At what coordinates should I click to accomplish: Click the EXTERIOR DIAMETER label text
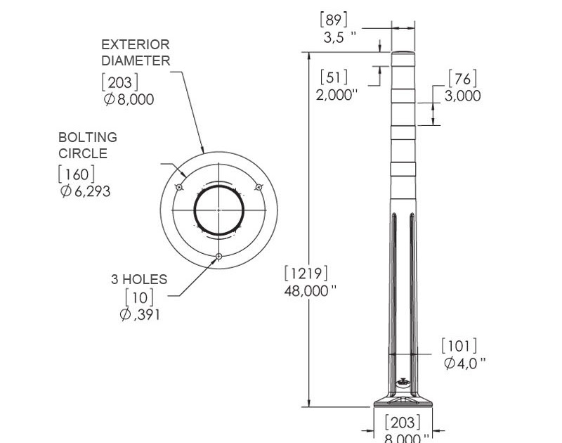click(136, 53)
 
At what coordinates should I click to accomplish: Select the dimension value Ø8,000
click(129, 99)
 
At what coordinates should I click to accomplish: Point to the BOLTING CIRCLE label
click(87, 145)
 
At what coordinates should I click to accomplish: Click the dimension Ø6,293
click(85, 191)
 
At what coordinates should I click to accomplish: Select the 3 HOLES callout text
click(139, 279)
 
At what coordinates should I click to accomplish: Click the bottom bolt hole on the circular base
click(219, 256)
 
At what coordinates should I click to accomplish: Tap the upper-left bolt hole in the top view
click(180, 188)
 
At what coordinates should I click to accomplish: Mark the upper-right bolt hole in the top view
click(259, 187)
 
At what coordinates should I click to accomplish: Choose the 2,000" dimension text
click(336, 95)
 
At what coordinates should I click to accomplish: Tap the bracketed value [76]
click(462, 78)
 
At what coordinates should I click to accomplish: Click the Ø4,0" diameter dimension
click(465, 363)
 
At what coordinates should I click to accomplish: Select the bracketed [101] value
click(459, 346)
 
